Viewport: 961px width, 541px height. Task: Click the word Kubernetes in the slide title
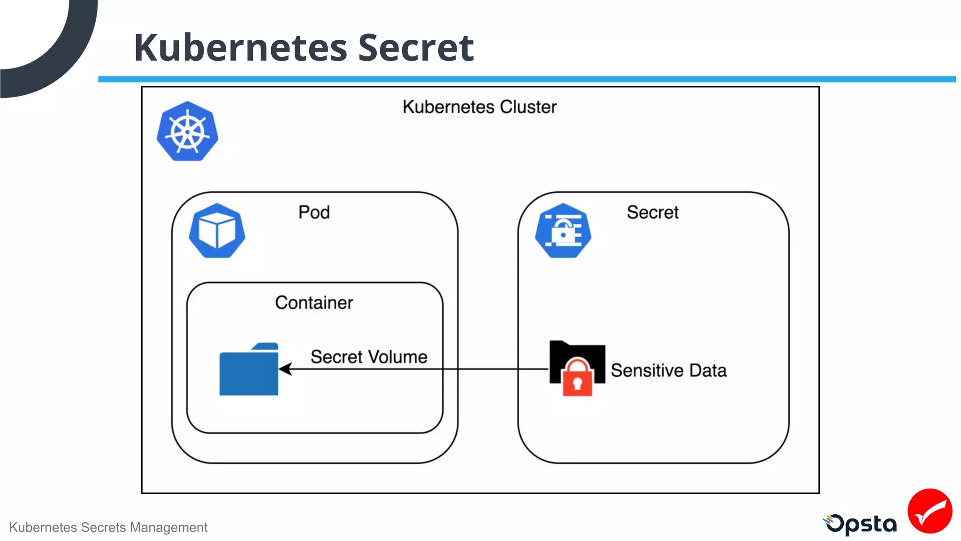240,48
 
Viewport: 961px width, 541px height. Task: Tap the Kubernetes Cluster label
479,107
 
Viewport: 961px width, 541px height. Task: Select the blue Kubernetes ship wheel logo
187,131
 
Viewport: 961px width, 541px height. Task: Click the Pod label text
314,212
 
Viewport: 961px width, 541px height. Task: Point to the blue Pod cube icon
217,231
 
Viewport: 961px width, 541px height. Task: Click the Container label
314,303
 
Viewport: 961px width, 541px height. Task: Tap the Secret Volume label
369,357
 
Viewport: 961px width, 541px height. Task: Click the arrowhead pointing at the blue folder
285,369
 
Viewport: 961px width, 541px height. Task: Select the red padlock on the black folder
577,379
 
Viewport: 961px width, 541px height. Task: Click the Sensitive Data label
668,371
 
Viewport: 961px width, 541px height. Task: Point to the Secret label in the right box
652,212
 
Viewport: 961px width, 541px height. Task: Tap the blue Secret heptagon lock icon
563,231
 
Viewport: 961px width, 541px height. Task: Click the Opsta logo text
861,524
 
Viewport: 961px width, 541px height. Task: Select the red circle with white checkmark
930,511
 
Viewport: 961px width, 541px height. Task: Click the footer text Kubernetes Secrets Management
108,527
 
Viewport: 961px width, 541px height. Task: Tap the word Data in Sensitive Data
708,371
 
